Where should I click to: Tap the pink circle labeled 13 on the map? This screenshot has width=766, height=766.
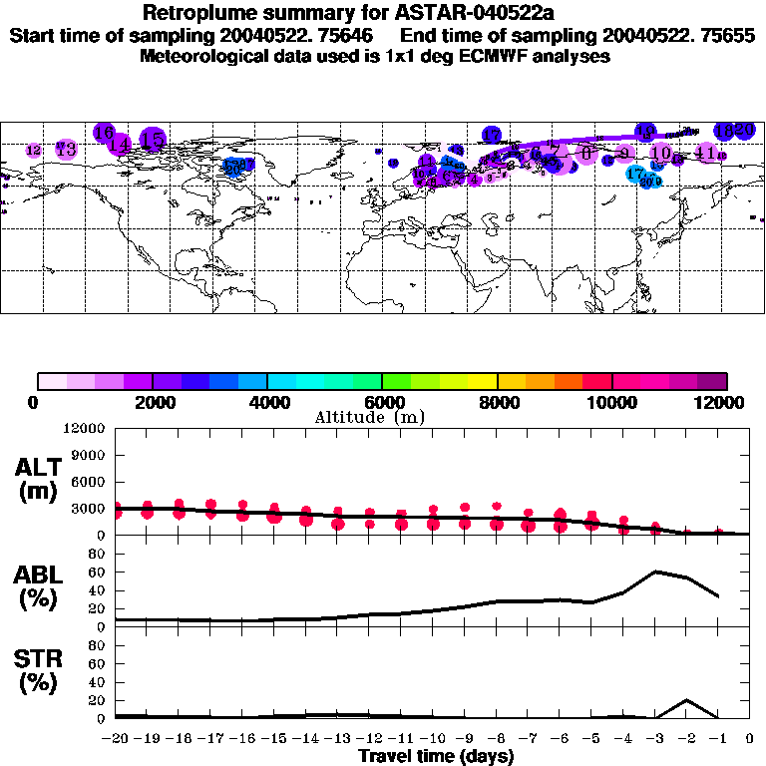click(x=67, y=149)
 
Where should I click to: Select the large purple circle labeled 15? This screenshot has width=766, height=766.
click(x=152, y=141)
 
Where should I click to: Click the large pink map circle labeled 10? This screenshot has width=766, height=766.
click(x=660, y=153)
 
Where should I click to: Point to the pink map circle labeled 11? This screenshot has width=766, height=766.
click(x=706, y=153)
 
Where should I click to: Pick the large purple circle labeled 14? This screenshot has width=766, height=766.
click(x=119, y=144)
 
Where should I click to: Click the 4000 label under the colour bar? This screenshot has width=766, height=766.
click(x=266, y=402)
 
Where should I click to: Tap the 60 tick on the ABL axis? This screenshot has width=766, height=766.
click(x=97, y=573)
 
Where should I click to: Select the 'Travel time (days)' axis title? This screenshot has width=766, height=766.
click(x=436, y=756)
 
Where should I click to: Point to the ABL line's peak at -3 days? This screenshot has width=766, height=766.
click(x=655, y=572)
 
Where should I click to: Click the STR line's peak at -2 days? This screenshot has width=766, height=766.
click(x=686, y=700)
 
